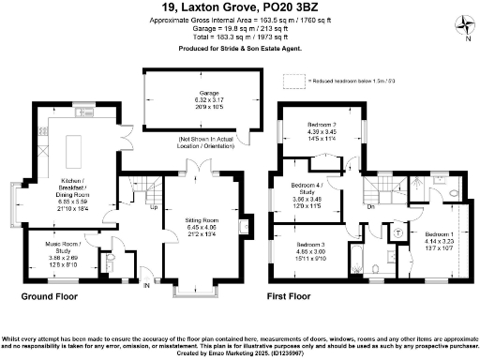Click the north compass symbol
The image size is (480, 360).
(x=465, y=30)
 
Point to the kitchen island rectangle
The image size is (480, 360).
(x=75, y=144)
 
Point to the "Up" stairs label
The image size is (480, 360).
(x=154, y=208)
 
